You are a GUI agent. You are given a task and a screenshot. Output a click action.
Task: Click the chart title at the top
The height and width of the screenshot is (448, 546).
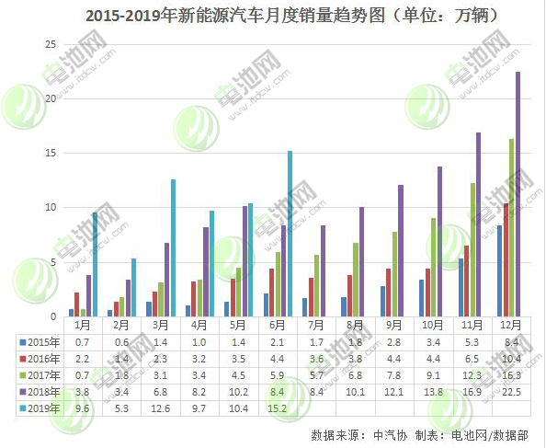pyautogui.click(x=273, y=16)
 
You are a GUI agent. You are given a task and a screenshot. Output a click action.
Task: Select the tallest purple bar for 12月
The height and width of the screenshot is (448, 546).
pyautogui.click(x=518, y=193)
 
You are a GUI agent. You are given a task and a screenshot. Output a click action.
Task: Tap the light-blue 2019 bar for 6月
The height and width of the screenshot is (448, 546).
pyautogui.click(x=290, y=234)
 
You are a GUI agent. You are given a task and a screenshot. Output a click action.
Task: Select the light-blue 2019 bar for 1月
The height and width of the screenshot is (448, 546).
pyautogui.click(x=95, y=264)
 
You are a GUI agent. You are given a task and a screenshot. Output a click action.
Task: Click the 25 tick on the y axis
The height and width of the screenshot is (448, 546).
pyautogui.click(x=51, y=44)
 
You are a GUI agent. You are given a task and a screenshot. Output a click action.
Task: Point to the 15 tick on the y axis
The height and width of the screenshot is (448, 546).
pyautogui.click(x=51, y=153)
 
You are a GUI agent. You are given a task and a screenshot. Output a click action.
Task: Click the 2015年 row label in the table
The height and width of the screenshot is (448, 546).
pyautogui.click(x=39, y=342)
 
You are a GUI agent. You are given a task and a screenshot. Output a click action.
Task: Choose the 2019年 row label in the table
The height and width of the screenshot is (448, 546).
pyautogui.click(x=39, y=407)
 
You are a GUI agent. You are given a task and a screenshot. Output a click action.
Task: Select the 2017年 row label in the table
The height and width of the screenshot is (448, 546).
pyautogui.click(x=39, y=374)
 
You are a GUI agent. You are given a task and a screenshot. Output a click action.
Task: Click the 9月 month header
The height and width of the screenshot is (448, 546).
pyautogui.click(x=393, y=326)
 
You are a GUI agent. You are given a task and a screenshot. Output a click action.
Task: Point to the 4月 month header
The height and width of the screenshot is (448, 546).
pyautogui.click(x=199, y=326)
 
